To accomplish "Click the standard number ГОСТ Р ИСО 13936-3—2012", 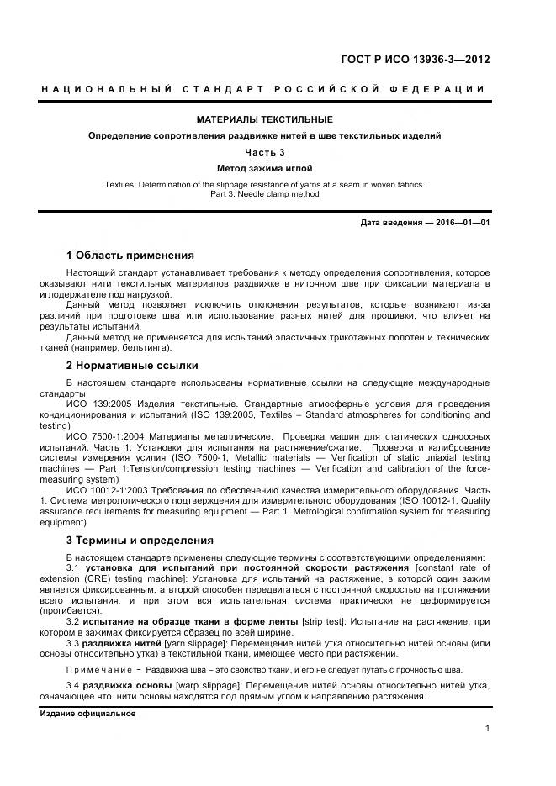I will point(415,60).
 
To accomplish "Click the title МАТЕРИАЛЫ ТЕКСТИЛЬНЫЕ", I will point(265,119).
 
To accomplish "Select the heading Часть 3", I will point(265,152).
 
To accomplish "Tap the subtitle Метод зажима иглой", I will point(265,168).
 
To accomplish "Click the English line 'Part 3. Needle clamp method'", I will point(265,194).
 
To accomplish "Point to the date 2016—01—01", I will point(461,222).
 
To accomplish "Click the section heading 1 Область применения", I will point(130,255).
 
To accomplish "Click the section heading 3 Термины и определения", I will point(140,540).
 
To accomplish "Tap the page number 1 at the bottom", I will point(487,728).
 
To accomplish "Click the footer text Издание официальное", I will point(87,713).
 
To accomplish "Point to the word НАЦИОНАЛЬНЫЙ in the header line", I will point(108,90).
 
